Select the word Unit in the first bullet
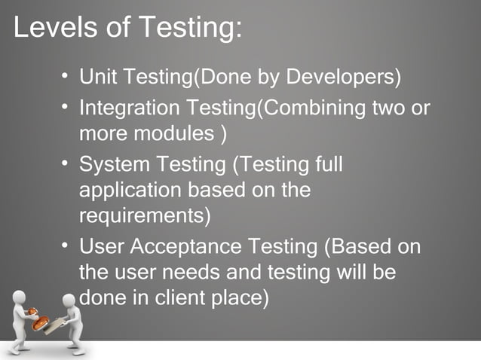click(96, 78)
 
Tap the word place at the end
click(240, 297)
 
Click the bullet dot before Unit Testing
click(66, 76)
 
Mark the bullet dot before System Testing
click(66, 162)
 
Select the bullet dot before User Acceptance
click(66, 245)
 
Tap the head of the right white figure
click(69, 301)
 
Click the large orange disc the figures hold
click(43, 322)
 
